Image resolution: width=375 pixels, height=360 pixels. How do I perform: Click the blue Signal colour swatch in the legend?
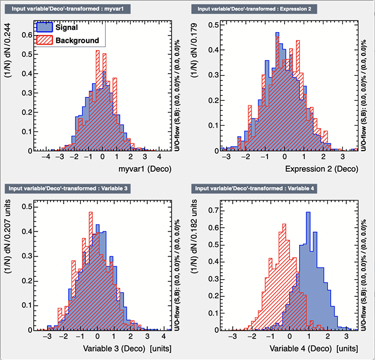[x=45, y=27]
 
